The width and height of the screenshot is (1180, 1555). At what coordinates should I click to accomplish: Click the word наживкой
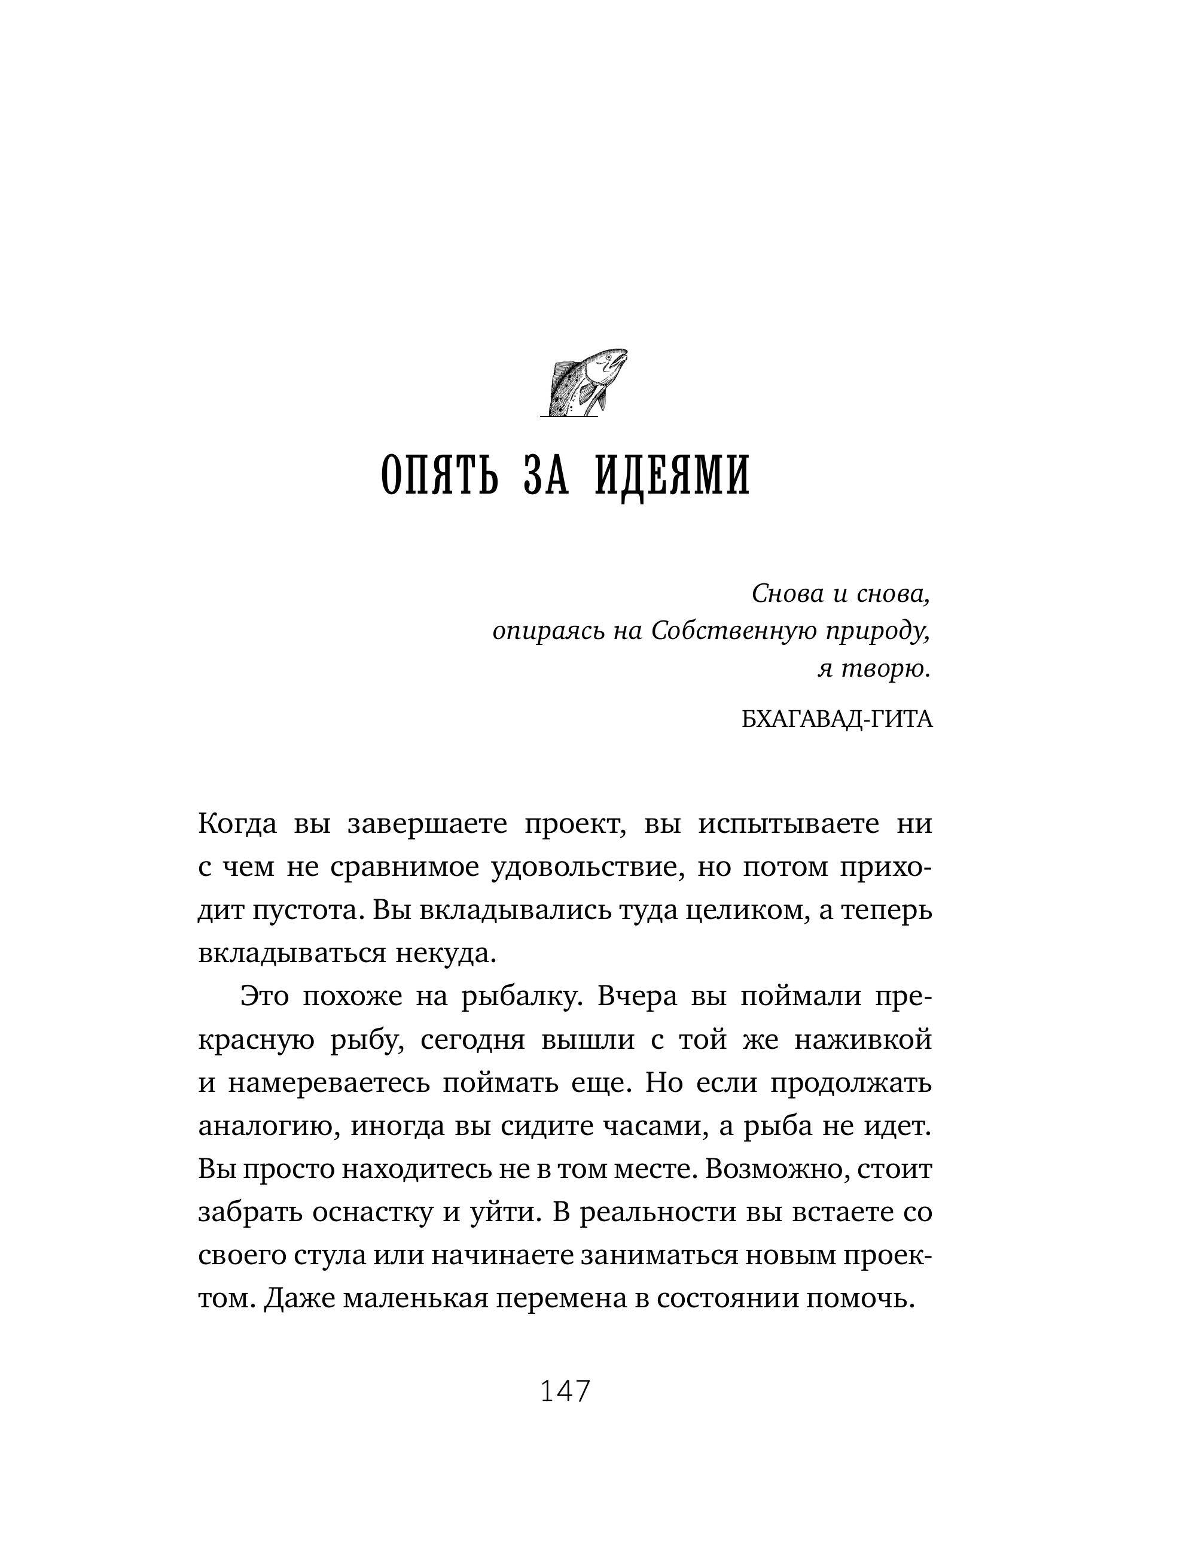coord(863,1040)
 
